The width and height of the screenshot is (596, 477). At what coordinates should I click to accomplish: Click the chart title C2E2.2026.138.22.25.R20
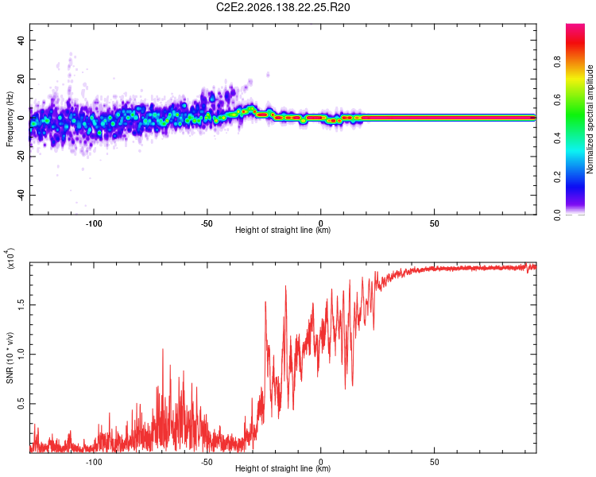point(283,7)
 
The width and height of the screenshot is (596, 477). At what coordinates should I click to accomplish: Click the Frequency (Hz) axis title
point(10,119)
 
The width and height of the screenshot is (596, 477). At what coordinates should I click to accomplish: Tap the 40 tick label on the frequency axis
point(21,40)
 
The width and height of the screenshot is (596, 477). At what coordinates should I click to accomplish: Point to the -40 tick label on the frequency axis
point(21,196)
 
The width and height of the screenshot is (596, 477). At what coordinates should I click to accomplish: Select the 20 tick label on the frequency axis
point(21,79)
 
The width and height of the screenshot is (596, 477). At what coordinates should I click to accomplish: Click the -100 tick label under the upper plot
point(94,223)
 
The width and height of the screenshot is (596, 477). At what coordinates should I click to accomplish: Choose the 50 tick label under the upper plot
point(435,223)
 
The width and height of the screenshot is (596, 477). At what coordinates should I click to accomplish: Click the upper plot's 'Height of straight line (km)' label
point(283,230)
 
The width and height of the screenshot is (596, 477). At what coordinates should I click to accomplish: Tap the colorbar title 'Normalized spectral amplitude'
point(590,119)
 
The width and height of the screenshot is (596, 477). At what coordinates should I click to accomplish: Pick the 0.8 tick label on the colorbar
point(557,62)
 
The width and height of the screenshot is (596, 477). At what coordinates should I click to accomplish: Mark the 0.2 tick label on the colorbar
point(557,176)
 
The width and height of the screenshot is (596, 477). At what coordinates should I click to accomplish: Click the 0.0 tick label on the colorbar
point(557,215)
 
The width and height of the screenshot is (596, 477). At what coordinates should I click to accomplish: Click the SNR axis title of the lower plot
point(10,358)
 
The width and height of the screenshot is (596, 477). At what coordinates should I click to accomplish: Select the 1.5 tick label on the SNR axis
point(21,304)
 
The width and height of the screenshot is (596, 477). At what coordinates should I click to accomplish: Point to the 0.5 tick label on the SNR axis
point(21,404)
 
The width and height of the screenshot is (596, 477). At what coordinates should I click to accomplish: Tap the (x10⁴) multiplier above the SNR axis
point(10,258)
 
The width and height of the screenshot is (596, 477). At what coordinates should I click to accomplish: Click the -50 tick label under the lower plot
point(207,462)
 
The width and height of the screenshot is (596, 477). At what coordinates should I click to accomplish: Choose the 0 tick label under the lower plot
point(321,462)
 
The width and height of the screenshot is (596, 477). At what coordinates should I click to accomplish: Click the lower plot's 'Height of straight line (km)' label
point(283,468)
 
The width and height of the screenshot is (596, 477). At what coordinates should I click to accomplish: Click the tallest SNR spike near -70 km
point(163,349)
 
